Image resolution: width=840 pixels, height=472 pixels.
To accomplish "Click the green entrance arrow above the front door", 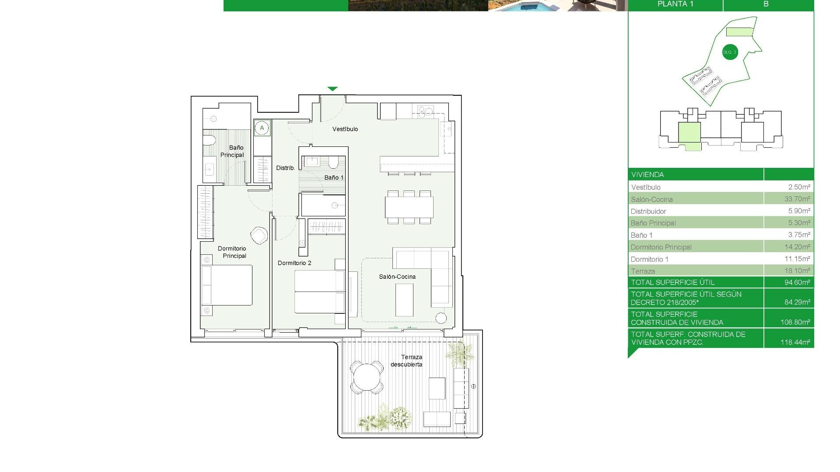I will tap(332, 89).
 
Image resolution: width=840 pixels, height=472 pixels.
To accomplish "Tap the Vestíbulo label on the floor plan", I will tap(345, 129).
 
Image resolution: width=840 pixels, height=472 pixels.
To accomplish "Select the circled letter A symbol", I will tap(262, 128).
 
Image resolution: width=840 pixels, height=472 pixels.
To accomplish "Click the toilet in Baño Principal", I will tap(210, 140).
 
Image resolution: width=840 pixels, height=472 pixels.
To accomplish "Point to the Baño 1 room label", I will tap(334, 177).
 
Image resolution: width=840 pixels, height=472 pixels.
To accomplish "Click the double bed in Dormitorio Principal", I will tap(227, 285).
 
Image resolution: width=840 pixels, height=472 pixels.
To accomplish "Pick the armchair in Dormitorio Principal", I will tap(259, 236).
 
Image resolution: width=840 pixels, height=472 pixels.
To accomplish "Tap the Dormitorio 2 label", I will tap(294, 263).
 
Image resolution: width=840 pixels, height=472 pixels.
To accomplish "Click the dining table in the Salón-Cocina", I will tap(409, 207).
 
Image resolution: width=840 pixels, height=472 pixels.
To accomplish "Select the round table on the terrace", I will tap(367, 377).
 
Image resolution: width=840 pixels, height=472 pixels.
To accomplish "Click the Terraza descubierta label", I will tap(407, 361).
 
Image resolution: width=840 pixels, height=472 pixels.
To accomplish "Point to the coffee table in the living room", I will tap(404, 300).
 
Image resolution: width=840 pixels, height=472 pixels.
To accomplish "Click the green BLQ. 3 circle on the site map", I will tap(730, 52).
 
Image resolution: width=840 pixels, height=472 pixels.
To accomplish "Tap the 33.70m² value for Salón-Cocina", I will tap(797, 199).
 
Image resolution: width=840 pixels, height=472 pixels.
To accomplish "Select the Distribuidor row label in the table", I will tap(648, 211).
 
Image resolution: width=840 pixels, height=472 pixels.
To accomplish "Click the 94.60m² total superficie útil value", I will tap(797, 282).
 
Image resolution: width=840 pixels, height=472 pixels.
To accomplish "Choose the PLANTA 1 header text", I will tap(675, 4).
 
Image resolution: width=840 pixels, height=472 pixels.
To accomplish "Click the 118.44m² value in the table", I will tap(795, 342).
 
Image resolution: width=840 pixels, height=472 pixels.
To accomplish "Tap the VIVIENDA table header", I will tap(647, 174).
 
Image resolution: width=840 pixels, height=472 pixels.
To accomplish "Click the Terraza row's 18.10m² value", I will tap(797, 271).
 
